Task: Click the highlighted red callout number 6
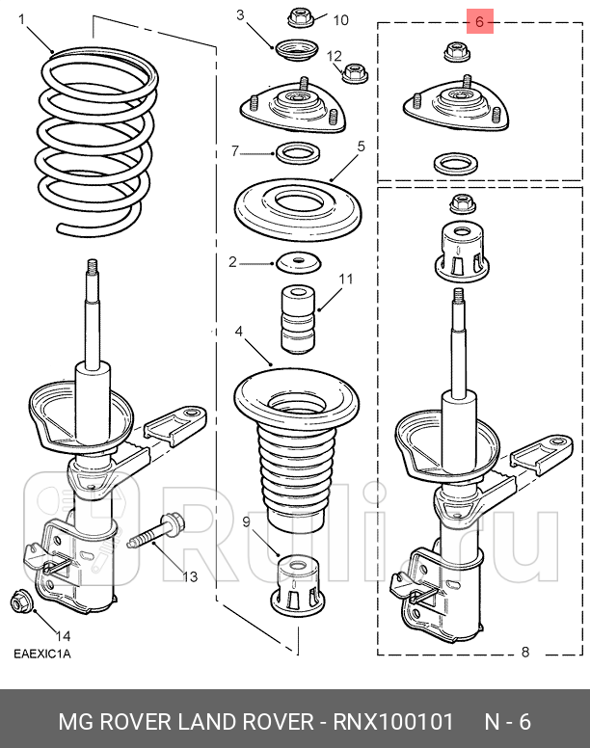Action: click(480, 21)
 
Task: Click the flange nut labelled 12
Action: click(354, 70)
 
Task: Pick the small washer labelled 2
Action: click(296, 261)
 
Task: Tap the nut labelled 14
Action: click(20, 603)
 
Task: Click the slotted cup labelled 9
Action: click(296, 583)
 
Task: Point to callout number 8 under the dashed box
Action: click(525, 652)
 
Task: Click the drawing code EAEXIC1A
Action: click(41, 654)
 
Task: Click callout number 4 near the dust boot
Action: click(239, 332)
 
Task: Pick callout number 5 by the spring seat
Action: click(361, 147)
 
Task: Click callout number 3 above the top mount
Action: click(240, 15)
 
